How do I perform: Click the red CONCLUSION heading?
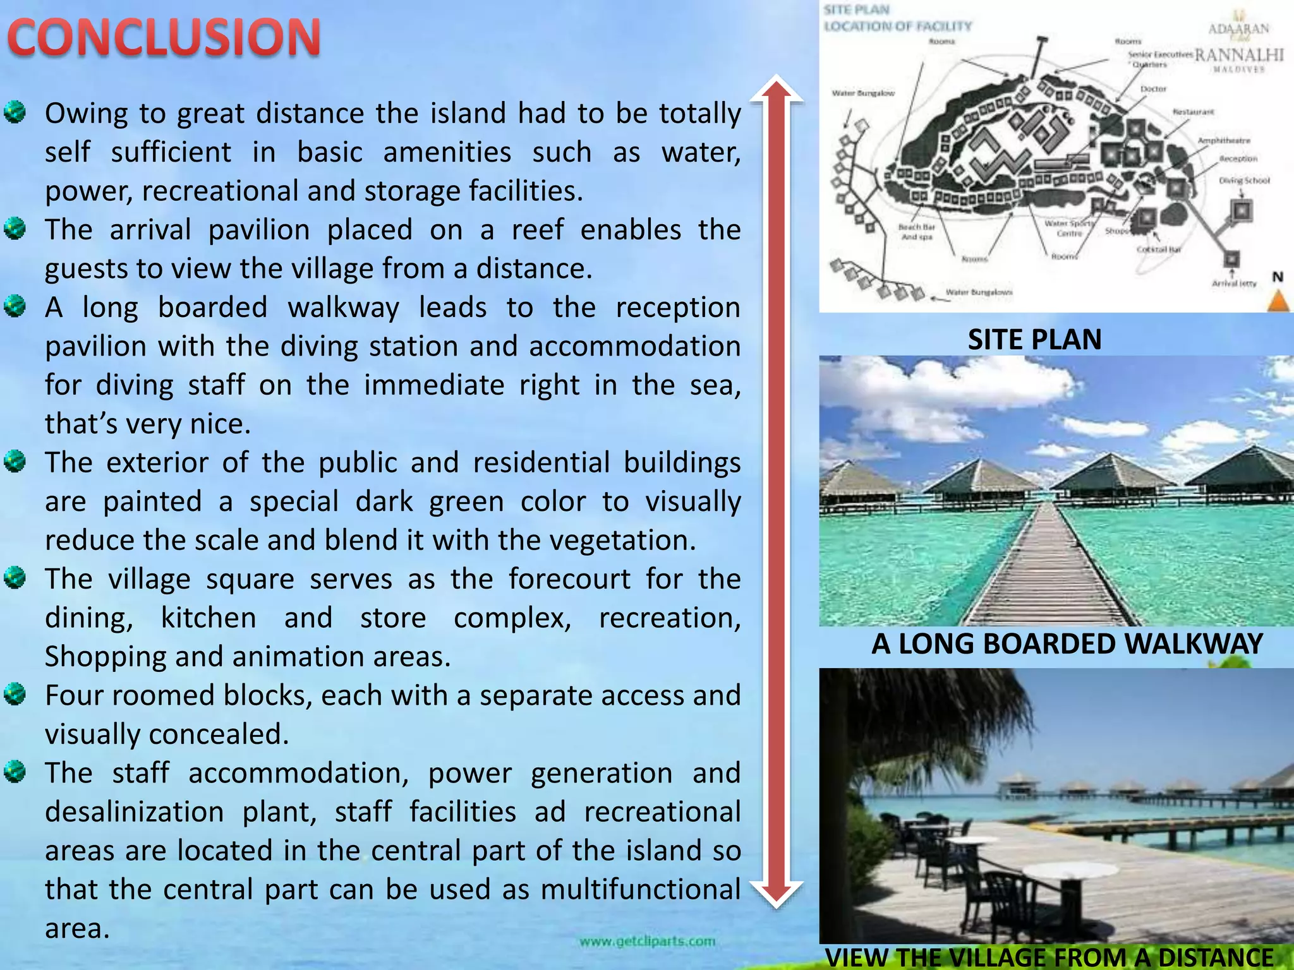[164, 38]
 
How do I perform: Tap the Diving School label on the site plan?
[1244, 181]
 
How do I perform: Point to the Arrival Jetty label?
[1233, 284]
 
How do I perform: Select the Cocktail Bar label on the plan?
[1158, 249]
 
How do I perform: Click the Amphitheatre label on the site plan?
[1224, 140]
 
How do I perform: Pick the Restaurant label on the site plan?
[1193, 112]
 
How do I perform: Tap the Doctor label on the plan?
[1153, 89]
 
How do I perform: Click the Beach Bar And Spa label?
[917, 232]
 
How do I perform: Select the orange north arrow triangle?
[1278, 301]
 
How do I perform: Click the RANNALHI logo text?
[1238, 55]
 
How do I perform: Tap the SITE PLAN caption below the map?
[1034, 340]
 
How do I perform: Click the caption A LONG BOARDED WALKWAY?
[1067, 644]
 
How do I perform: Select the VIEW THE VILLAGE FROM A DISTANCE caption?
[1049, 957]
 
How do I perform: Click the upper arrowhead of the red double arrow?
[777, 88]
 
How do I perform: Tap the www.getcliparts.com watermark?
[647, 942]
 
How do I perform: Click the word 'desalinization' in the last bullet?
[134, 812]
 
